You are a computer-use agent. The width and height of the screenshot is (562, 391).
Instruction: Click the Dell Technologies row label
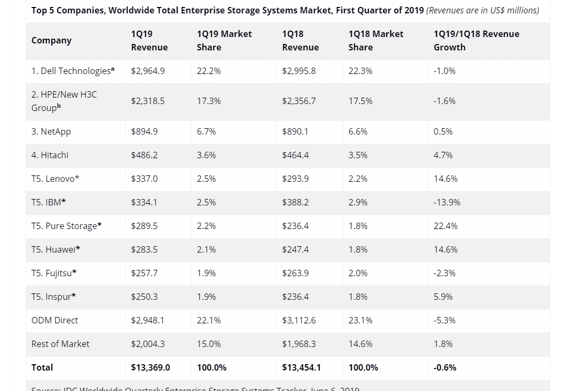pos(72,71)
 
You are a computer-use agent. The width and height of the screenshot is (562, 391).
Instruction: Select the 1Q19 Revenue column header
pos(149,40)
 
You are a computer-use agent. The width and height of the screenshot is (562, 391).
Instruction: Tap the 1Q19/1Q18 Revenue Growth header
pos(476,40)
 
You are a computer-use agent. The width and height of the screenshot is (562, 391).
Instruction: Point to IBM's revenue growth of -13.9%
pos(447,202)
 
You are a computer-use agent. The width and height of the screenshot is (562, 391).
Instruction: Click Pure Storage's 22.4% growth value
pos(446,226)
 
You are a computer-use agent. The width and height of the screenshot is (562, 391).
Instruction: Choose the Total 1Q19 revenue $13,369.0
pos(151,367)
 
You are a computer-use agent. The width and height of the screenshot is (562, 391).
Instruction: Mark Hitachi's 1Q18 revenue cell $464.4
pos(295,155)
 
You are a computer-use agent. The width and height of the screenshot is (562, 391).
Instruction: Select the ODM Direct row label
pos(55,320)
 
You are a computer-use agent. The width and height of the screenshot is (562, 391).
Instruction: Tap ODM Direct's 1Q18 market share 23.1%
pos(360,320)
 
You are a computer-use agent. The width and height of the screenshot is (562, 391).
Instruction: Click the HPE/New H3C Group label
pos(64,101)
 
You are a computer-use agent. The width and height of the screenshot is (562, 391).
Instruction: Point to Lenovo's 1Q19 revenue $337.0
pos(144,179)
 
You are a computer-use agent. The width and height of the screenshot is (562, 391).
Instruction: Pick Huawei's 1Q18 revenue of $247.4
pos(295,249)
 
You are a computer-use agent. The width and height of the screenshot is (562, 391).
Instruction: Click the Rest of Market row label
pos(60,344)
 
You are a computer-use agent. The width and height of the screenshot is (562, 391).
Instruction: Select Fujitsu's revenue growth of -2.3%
pos(445,273)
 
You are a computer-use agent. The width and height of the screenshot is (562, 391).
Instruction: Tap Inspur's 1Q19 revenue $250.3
pos(144,297)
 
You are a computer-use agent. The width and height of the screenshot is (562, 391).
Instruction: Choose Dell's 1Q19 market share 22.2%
pos(208,71)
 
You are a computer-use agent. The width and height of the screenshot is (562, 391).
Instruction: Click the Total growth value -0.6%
pos(445,367)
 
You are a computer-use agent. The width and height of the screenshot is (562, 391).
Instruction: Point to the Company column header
pos(51,40)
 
